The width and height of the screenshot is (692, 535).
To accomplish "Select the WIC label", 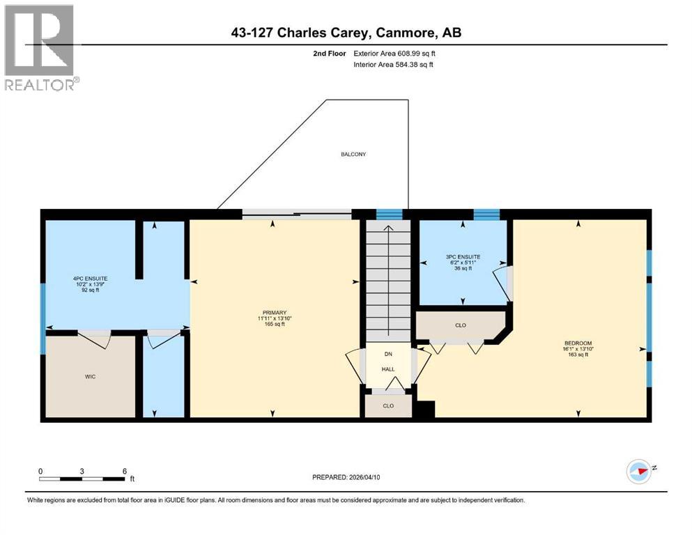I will tap(90, 376).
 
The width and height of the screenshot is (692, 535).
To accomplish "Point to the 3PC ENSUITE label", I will tap(463, 256).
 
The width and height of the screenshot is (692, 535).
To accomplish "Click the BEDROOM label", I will tap(578, 343).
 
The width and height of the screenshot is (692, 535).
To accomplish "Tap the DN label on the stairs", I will tap(388, 354).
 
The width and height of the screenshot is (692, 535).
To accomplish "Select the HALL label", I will tap(388, 369).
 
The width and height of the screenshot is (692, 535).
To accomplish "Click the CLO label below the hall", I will tap(388, 405).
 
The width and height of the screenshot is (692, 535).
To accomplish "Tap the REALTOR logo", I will tap(40, 47).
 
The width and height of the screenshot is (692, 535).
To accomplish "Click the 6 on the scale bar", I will tap(124, 471).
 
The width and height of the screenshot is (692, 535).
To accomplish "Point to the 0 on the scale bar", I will tap(41, 471).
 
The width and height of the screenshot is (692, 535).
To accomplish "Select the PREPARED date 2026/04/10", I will tap(346, 477).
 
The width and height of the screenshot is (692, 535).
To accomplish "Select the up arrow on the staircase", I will tap(389, 228).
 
